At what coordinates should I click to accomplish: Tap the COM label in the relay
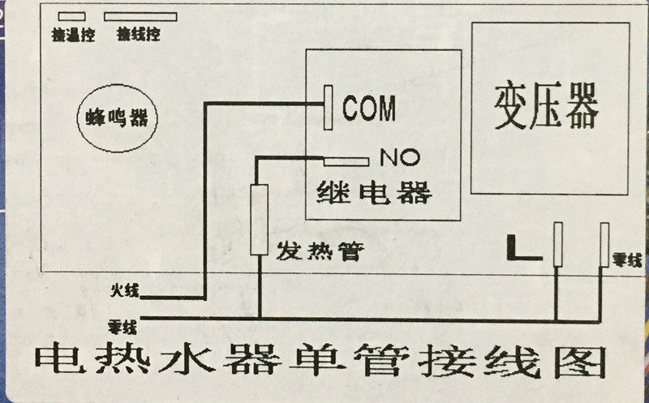(369, 108)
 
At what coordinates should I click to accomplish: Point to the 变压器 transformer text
(546, 109)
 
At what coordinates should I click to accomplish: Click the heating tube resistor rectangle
(260, 209)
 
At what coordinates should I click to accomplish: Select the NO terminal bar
(347, 159)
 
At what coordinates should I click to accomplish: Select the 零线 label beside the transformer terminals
(629, 260)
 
